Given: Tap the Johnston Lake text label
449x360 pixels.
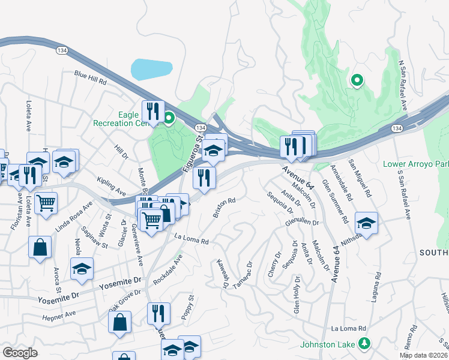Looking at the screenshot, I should (328, 344).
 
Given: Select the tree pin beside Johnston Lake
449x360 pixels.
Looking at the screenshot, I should (363, 344).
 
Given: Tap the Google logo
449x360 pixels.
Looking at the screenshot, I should (20, 353).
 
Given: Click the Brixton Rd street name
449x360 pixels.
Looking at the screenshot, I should (223, 208).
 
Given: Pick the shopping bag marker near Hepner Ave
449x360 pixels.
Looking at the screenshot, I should (119, 322).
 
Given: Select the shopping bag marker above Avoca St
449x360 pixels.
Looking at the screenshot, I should (40, 247).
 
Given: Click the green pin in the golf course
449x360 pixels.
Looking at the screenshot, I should (357, 80).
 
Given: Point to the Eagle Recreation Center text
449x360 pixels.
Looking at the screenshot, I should (120, 118).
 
